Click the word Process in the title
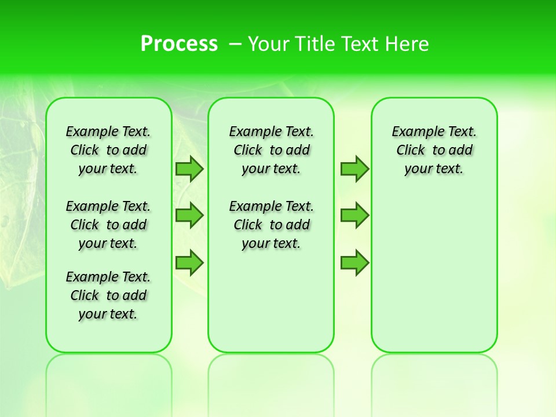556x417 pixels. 179,44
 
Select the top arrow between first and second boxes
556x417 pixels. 189,169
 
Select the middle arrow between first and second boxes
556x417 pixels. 189,215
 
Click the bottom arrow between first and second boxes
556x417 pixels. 189,262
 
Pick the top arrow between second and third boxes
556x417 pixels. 354,169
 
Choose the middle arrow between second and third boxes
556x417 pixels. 354,215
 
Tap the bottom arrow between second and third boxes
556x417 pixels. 354,262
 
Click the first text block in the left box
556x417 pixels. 108,150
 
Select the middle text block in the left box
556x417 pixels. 108,225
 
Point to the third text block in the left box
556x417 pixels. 108,295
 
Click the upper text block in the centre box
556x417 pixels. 271,150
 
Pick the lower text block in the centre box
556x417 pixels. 271,225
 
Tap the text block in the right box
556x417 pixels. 434,150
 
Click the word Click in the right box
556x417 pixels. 411,150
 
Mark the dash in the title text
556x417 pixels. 235,44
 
